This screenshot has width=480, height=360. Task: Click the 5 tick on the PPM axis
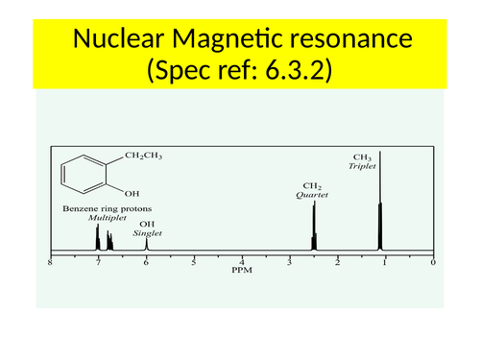pyautogui.click(x=194, y=262)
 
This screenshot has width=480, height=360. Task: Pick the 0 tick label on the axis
pyautogui.click(x=433, y=262)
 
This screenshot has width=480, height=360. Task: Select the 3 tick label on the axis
pyautogui.click(x=290, y=262)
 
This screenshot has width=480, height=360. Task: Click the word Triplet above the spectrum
pyautogui.click(x=363, y=165)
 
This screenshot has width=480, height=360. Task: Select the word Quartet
pyautogui.click(x=312, y=195)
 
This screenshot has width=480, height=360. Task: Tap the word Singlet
pyautogui.click(x=146, y=231)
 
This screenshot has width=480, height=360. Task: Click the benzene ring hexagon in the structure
pyautogui.click(x=81, y=175)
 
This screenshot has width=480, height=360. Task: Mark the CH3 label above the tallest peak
pyautogui.click(x=362, y=156)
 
